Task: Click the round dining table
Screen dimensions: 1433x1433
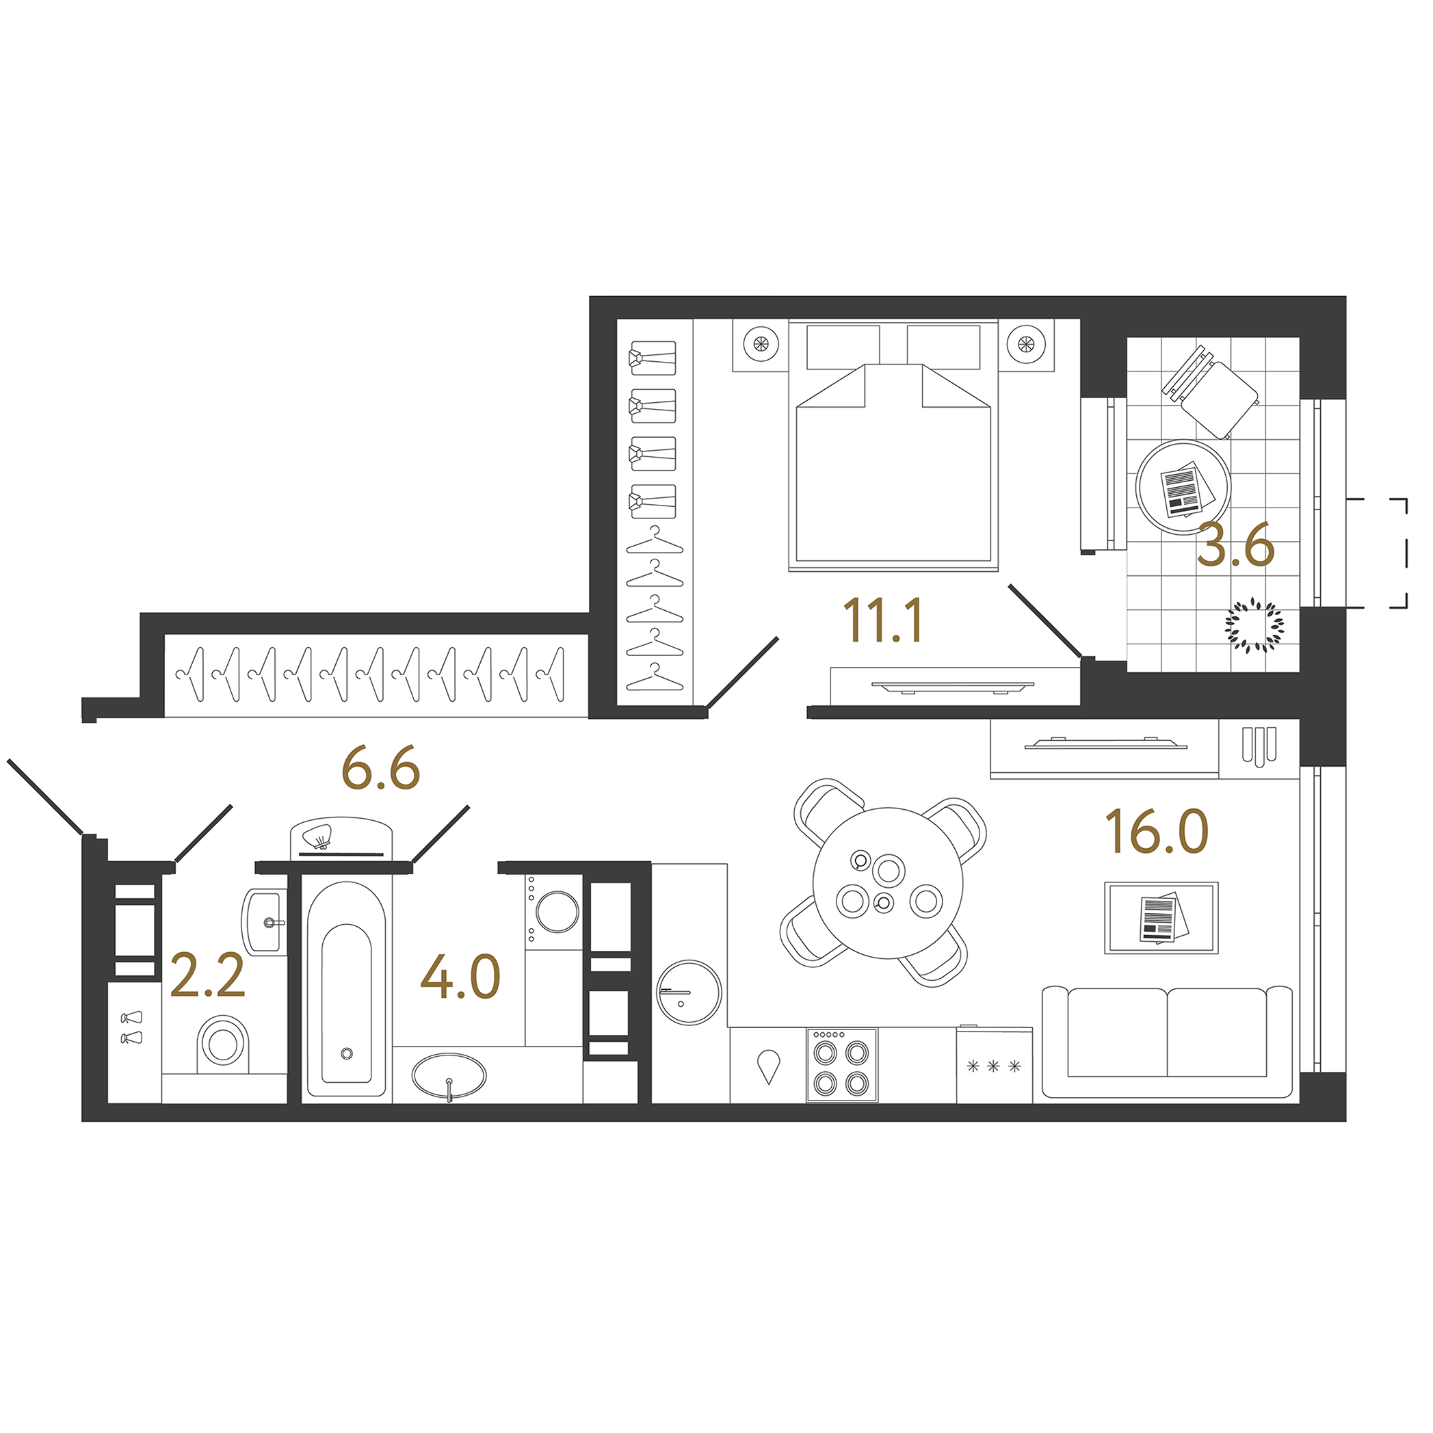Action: (888, 882)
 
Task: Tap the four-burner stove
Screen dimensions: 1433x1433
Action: (842, 1065)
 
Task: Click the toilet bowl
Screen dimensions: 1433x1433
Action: (222, 1044)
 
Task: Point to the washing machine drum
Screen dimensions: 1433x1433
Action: (557, 911)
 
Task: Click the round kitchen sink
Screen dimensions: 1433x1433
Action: (689, 992)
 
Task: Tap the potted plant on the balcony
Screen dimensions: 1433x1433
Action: (1254, 625)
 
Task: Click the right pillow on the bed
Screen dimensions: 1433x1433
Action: (943, 346)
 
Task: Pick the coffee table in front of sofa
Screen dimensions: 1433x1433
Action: (1161, 917)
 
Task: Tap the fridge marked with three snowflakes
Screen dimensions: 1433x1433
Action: (994, 1065)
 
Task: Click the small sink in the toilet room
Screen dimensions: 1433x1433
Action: (265, 922)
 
